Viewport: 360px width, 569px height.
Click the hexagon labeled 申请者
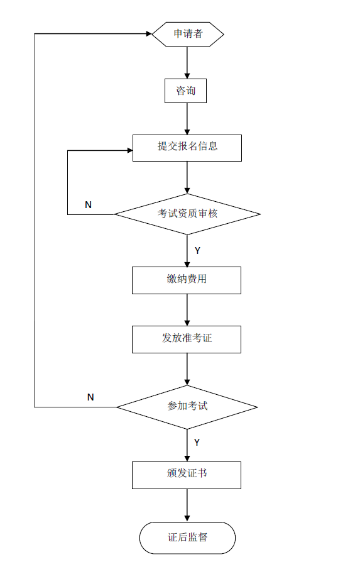tap(187, 34)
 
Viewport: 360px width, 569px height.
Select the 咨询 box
tap(185, 91)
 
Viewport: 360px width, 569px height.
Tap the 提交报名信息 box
tap(187, 147)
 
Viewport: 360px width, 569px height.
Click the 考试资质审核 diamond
tap(187, 214)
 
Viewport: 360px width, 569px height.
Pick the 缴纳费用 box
tap(187, 280)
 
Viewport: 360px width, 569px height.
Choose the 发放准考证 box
tap(187, 339)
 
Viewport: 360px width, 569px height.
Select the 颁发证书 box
tap(187, 475)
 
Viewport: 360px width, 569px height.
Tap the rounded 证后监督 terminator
tap(187, 538)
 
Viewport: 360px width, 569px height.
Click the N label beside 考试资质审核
tap(88, 205)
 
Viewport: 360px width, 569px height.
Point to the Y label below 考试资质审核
tap(197, 250)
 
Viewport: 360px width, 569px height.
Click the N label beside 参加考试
tap(90, 397)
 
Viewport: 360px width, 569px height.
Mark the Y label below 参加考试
tap(197, 443)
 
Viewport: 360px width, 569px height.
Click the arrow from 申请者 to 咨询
tap(187, 62)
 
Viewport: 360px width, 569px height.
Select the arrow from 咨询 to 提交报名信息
tap(187, 119)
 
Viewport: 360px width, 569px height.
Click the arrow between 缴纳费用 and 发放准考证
tap(187, 309)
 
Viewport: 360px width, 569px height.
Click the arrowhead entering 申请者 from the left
tap(148, 34)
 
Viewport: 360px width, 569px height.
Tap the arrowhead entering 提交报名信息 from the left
tap(128, 151)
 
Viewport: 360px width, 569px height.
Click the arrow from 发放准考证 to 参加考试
tap(187, 369)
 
